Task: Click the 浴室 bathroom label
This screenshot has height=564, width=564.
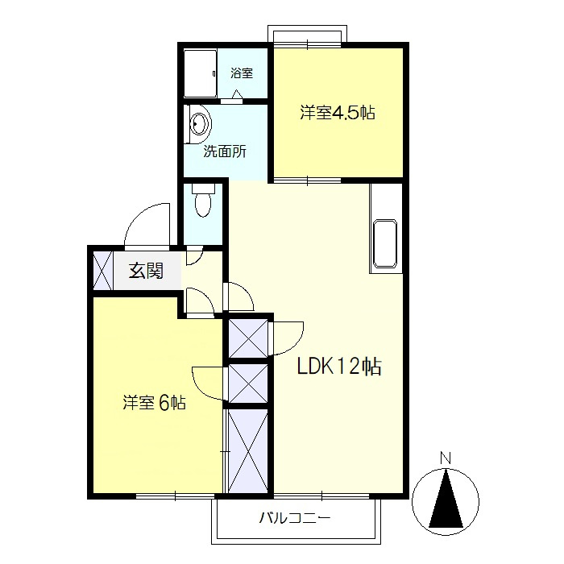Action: [242, 73]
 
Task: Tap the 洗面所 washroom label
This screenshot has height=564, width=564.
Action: [225, 151]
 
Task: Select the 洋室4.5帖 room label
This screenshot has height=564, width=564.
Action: [338, 113]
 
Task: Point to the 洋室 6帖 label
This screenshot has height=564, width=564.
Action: [155, 403]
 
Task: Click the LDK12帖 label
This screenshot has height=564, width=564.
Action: [339, 366]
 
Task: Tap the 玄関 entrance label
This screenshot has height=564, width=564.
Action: [147, 271]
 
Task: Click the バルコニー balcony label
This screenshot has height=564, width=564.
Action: [295, 518]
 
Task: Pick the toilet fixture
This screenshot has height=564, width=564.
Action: [203, 200]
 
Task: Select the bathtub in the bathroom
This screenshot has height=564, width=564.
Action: [200, 73]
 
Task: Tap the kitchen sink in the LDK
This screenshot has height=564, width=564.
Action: [386, 243]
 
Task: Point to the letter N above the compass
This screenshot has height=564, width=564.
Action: [446, 458]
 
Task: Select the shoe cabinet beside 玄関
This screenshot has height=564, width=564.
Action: [103, 271]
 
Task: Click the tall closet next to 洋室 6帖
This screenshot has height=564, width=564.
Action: [248, 451]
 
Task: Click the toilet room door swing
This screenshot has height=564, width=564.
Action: [195, 255]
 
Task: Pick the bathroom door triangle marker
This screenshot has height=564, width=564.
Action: [237, 94]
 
